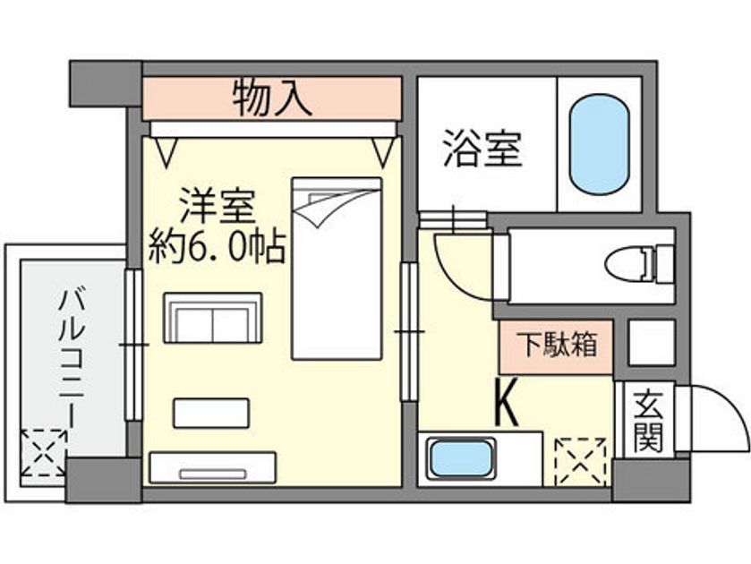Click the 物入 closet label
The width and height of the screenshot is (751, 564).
pos(272,98)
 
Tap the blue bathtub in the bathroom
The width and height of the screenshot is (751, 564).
pos(599,144)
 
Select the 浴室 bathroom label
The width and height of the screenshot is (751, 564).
pos(482,148)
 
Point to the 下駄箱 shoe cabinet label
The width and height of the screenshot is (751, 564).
pos(557,345)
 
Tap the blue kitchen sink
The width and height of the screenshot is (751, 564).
pos(461,459)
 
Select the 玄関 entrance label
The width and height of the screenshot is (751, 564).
pos(648,422)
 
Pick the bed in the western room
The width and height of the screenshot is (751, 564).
pos(337,269)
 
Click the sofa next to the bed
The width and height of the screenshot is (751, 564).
pos(213,318)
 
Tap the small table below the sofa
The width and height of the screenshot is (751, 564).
pos(211,413)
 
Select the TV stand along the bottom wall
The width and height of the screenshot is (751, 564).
pos(212,467)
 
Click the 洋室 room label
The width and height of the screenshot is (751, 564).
pos(217,207)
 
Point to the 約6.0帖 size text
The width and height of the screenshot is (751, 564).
pos(217,248)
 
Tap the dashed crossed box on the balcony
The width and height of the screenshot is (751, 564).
pos(44,453)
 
